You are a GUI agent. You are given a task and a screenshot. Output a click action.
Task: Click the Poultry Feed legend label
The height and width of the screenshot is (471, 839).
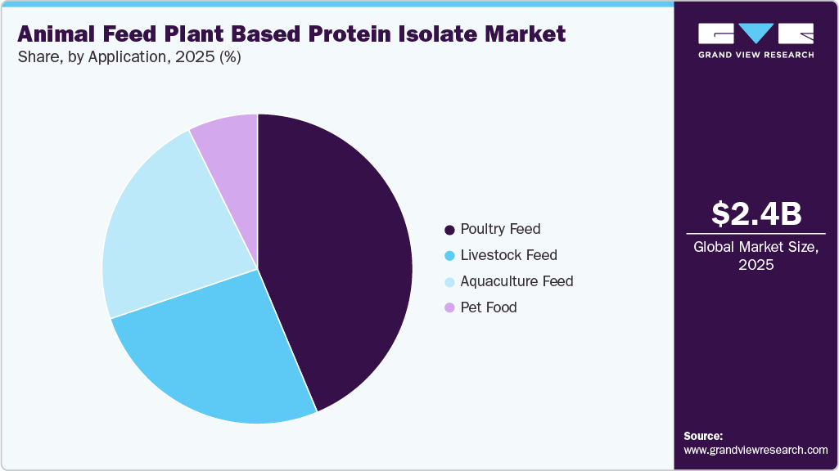coord(500,229)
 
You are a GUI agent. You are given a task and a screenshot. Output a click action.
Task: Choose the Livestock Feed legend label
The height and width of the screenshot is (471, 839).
coord(508,255)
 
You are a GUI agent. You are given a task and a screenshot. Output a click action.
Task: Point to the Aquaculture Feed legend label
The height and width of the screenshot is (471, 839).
coord(516,281)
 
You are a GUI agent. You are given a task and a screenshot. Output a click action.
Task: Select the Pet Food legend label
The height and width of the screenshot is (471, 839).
coord(489,307)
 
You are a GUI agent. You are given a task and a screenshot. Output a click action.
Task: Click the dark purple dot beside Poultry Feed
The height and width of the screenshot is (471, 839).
coord(449,230)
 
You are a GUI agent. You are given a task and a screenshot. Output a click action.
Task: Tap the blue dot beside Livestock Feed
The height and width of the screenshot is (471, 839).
coord(449,256)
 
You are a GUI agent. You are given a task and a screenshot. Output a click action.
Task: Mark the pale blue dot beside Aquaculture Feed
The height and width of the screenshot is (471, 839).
coord(449,282)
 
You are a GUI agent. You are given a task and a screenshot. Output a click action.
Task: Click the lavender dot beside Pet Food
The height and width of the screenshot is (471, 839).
coord(449,308)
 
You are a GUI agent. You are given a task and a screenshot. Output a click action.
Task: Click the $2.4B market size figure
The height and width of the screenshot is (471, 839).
coord(756,213)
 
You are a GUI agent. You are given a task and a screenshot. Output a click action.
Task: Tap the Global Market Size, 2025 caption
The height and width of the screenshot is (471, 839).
coord(756,256)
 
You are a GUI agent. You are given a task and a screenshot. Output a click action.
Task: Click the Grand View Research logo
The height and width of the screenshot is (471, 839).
coord(756,40)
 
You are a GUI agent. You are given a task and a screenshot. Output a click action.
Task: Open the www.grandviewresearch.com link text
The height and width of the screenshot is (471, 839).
coord(756,450)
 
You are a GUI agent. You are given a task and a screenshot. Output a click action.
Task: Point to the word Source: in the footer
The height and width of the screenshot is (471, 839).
coord(703,436)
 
